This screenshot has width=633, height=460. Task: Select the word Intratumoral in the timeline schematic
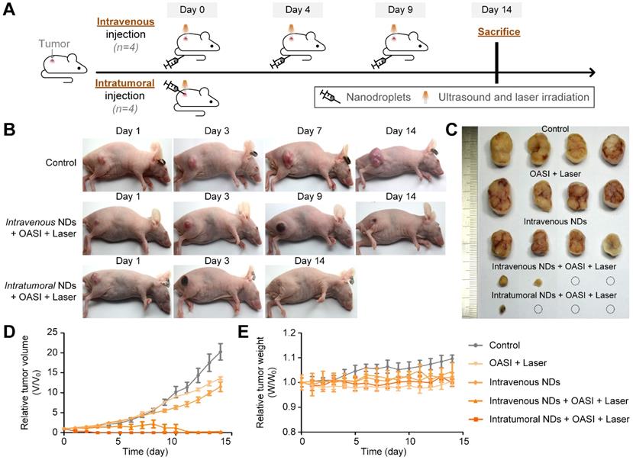click(x=123, y=84)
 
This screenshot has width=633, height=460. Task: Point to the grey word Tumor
click(x=56, y=44)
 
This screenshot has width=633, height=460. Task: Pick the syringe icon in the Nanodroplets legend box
click(x=329, y=97)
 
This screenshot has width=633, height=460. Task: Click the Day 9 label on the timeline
click(x=400, y=10)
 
